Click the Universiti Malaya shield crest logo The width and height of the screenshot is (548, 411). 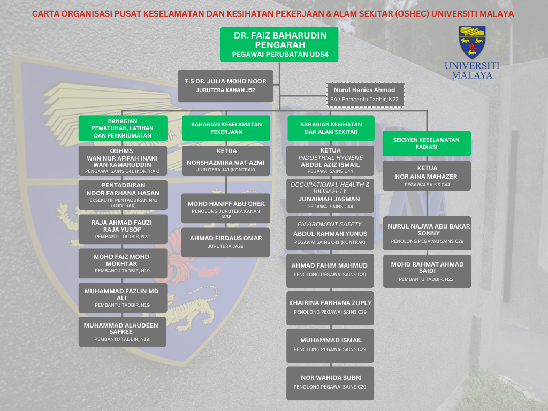pyautogui.click(x=472, y=42)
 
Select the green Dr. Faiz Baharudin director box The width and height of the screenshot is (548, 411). pyautogui.click(x=279, y=44)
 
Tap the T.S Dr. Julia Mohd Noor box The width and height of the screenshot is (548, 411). pyautogui.click(x=225, y=86)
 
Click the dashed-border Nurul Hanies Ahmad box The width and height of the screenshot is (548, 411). pyautogui.click(x=365, y=95)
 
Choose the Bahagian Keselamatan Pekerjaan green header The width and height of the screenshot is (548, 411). pyautogui.click(x=226, y=128)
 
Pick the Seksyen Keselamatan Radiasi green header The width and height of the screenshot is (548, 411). pyautogui.click(x=427, y=143)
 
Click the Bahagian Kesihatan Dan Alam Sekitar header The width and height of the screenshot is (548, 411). pyautogui.click(x=331, y=128)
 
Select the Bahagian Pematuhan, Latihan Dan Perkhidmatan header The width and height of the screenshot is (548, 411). pyautogui.click(x=123, y=128)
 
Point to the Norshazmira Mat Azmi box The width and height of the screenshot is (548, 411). pyautogui.click(x=226, y=161)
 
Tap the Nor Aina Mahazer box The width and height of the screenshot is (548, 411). pyautogui.click(x=427, y=176)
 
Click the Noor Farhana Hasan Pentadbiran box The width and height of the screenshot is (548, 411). pyautogui.click(x=123, y=195)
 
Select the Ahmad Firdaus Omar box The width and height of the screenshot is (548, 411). pyautogui.click(x=225, y=242)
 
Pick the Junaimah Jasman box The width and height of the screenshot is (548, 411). pyautogui.click(x=330, y=196)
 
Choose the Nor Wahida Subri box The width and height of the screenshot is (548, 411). pyautogui.click(x=330, y=383)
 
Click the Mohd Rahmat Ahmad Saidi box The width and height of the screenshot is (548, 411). pyautogui.click(x=427, y=271)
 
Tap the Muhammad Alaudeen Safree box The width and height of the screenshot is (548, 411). pyautogui.click(x=123, y=332)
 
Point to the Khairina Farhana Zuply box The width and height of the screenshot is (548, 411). pyautogui.click(x=330, y=308)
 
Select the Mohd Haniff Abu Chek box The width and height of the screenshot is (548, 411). pyautogui.click(x=226, y=208)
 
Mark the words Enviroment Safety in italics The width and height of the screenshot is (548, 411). pyautogui.click(x=329, y=224)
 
